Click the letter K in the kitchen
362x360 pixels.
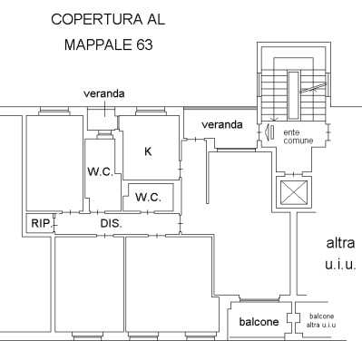coord(148,151)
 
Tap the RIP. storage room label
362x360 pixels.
coord(41,223)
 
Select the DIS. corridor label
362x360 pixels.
coord(112,223)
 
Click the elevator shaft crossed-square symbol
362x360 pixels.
coord(294,192)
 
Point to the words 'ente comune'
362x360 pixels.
coord(298,137)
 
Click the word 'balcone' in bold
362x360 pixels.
coord(259,322)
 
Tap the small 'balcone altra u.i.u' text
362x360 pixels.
coord(321,321)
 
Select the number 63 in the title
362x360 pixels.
coord(144,45)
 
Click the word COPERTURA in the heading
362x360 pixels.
coord(97,19)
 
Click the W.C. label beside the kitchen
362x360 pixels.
coord(101,171)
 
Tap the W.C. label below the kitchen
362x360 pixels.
coord(148,198)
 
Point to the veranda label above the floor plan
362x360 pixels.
coord(104,93)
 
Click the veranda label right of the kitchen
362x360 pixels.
coord(222,124)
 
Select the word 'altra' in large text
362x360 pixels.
coord(340,243)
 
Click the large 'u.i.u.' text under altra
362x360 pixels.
coord(340,265)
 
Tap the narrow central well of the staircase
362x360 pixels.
coord(293,95)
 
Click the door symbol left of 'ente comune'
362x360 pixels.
coord(269,132)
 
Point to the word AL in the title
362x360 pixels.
coord(156,19)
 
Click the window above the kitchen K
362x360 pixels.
coord(151,111)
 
